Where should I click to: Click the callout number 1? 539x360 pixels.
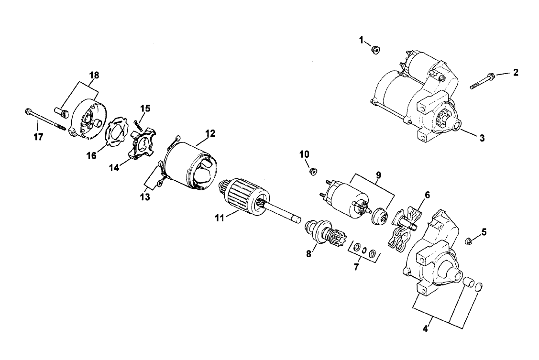(362, 40)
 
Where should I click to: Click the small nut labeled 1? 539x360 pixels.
(376, 49)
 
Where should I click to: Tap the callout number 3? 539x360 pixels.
(482, 139)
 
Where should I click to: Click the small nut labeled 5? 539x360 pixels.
(470, 240)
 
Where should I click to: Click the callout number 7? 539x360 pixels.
(356, 267)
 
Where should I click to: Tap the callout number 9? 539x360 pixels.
(378, 175)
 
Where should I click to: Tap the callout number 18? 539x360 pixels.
(94, 75)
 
